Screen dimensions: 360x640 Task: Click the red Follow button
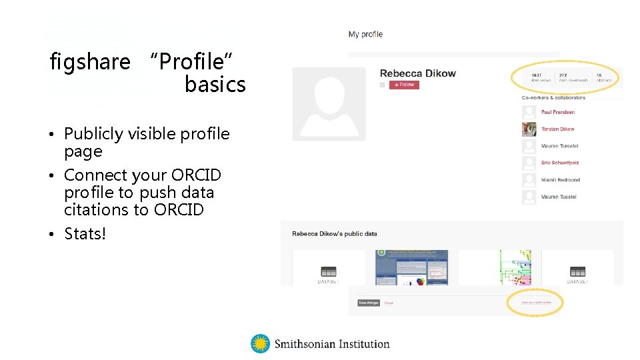[404, 85]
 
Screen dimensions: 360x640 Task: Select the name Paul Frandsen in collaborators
[558, 112]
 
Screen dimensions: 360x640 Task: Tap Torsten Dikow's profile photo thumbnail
[529, 129]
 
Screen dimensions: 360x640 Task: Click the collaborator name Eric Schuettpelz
[560, 163]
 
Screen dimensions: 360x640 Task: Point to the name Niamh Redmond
[561, 180]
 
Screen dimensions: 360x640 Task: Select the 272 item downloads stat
[573, 77]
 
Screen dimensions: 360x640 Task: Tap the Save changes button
[369, 303]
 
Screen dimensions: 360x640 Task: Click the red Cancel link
[389, 303]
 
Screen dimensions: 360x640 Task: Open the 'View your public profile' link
[536, 303]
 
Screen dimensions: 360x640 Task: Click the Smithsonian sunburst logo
[260, 344]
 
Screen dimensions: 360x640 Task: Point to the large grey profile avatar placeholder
[329, 104]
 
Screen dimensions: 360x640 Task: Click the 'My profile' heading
[365, 34]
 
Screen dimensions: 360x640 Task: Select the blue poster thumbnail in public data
[411, 267]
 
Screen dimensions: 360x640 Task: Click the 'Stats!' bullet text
[85, 234]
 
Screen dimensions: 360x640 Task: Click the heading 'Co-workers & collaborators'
[553, 97]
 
